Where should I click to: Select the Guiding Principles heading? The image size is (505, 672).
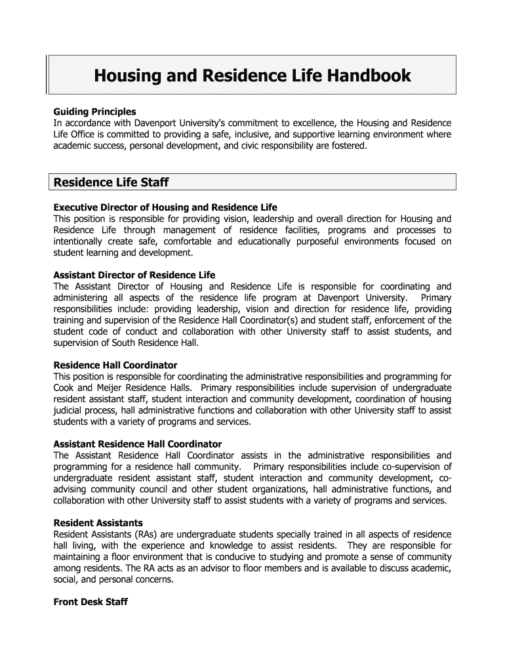tap(94, 112)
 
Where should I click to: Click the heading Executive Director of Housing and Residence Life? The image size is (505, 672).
tap(165, 208)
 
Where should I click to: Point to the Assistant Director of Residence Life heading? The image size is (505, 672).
tap(134, 275)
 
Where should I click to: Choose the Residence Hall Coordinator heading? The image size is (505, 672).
tap(115, 365)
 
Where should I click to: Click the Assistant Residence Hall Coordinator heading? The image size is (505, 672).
tap(137, 444)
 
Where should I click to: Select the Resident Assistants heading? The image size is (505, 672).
tap(98, 523)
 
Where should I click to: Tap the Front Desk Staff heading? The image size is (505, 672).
tap(91, 602)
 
